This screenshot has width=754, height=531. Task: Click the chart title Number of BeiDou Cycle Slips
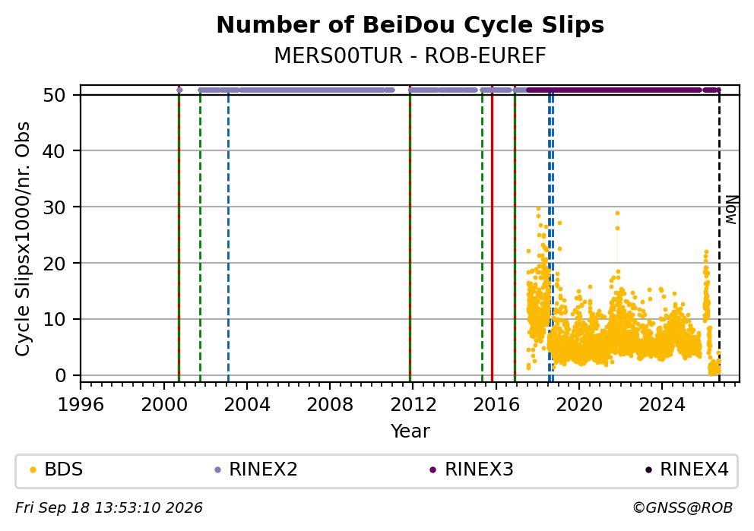click(410, 25)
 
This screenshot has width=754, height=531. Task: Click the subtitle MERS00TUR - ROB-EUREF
click(410, 55)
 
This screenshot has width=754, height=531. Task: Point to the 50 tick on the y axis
click(54, 95)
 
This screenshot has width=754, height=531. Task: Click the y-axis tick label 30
click(54, 207)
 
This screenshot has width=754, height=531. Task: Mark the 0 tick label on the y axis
click(61, 375)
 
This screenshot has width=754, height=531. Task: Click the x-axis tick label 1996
click(81, 405)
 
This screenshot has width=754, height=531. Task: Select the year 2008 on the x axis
click(330, 405)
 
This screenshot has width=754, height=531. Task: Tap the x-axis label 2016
click(496, 405)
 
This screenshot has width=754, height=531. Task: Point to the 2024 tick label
click(662, 405)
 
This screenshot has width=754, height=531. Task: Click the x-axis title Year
click(410, 431)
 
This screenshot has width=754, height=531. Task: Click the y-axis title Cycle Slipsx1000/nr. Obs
click(23, 239)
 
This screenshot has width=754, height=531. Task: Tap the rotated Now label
click(731, 210)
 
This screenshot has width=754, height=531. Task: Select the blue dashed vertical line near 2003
click(228, 235)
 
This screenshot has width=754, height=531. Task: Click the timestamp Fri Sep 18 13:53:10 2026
click(109, 507)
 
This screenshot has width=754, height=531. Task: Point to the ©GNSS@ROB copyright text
click(683, 507)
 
